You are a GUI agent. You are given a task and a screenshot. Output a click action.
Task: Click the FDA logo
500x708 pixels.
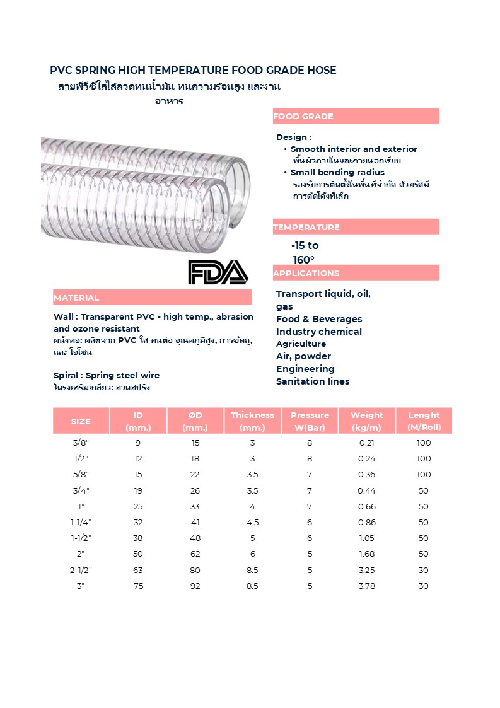coord(218,272)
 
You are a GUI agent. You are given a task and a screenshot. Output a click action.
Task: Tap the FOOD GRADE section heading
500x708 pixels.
coord(303,117)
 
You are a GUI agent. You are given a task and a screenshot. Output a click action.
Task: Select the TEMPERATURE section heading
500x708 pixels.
coord(306,227)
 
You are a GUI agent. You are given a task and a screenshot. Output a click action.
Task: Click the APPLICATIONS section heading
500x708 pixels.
coord(306,273)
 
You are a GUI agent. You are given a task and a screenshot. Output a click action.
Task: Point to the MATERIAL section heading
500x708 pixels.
coord(76,298)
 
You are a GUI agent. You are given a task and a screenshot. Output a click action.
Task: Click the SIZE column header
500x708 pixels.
coord(81,421)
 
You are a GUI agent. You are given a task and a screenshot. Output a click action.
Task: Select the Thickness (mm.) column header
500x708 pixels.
coord(252,421)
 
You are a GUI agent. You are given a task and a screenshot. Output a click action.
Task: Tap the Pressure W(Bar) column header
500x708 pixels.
coord(310,421)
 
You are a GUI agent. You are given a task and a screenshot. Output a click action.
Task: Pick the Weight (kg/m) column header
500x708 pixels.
coord(366,421)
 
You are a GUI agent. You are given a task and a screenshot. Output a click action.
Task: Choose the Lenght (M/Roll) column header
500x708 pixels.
coord(424,421)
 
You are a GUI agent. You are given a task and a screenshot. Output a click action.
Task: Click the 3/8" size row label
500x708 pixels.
coord(81,443)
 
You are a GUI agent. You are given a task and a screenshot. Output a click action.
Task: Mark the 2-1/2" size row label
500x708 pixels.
coord(81,570)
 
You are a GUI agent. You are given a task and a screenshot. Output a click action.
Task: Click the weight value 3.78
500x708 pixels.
coord(366,586)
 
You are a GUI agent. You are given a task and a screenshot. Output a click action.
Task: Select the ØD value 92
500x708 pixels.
coord(195,586)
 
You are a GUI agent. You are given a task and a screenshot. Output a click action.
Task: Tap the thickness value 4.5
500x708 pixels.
coord(252,522)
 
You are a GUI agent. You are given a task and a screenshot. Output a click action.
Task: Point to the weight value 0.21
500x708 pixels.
coord(366,443)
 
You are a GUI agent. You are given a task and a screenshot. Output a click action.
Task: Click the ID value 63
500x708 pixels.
coord(138,570)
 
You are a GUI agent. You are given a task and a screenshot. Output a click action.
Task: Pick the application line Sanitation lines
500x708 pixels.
coord(313,381)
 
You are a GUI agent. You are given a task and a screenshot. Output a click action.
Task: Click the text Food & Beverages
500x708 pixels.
coord(319,319)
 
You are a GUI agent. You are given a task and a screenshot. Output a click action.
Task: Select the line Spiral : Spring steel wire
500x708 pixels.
coord(107,376)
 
